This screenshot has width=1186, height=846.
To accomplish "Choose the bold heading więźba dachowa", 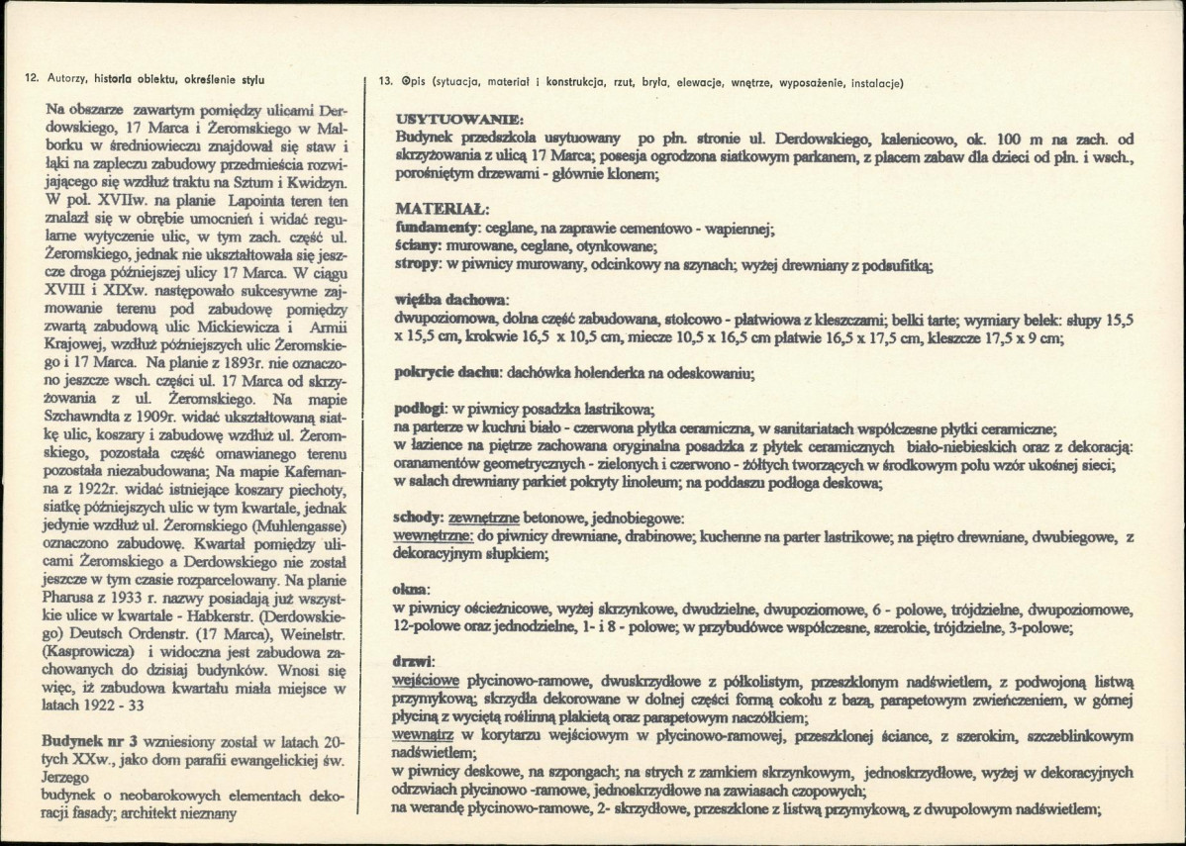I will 450,300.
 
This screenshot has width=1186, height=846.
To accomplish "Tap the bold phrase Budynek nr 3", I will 90,742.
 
